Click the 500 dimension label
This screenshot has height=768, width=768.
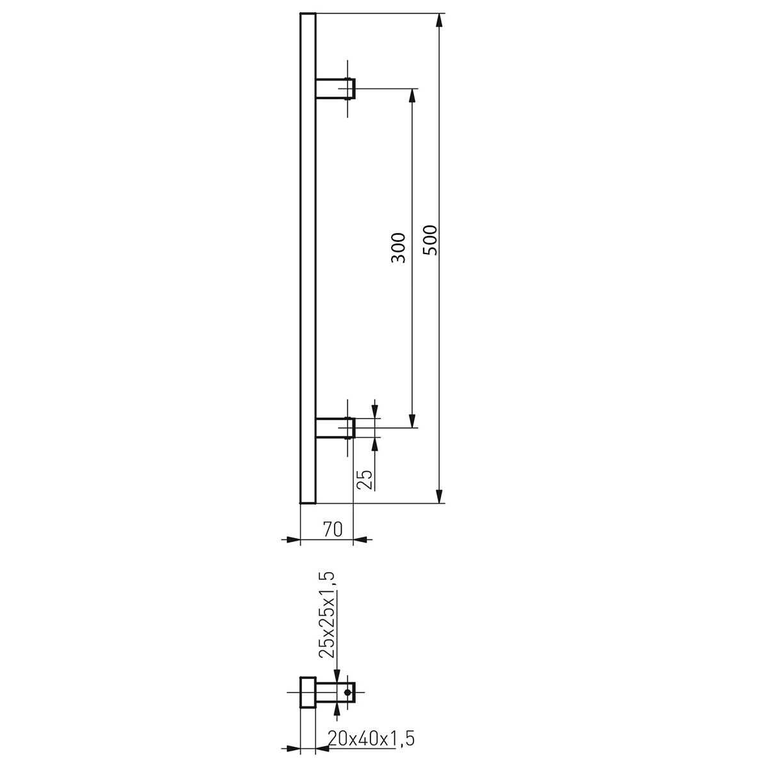[x=431, y=240]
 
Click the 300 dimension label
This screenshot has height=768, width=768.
[x=398, y=248]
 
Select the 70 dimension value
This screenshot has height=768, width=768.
[x=332, y=529]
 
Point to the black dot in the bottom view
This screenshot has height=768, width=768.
[x=347, y=692]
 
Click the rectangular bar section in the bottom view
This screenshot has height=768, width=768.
[x=308, y=692]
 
